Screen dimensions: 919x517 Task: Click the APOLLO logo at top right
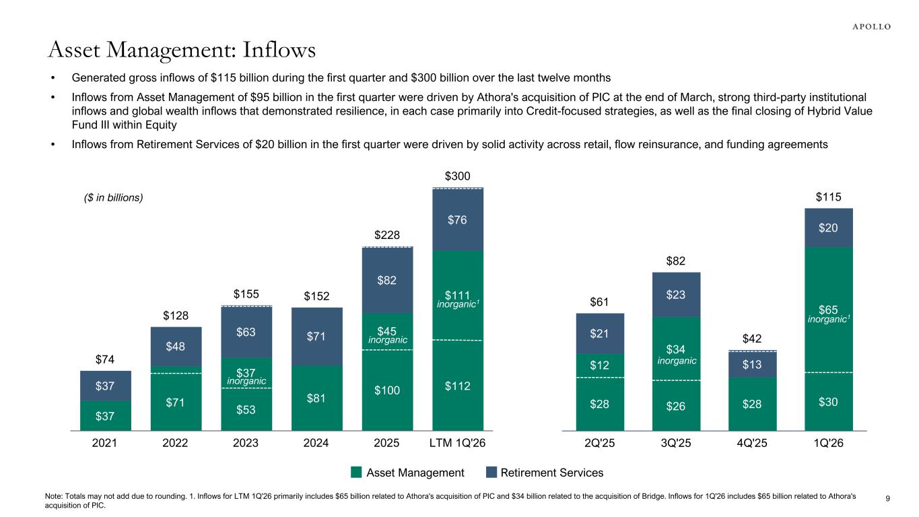point(871,27)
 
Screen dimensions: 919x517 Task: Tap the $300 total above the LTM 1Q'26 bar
point(457,176)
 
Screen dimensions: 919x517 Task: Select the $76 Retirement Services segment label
point(457,220)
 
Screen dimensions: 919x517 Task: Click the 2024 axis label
point(316,443)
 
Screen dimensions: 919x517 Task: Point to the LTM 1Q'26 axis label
point(457,443)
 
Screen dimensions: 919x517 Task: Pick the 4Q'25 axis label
point(751,443)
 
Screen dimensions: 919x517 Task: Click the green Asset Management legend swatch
point(356,473)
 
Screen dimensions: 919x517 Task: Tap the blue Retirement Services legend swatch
point(491,473)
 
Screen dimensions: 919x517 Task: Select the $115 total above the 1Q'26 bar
point(828,197)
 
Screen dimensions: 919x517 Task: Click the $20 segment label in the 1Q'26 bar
point(828,228)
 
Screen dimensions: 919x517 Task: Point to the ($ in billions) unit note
point(113,198)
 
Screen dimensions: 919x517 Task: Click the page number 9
point(887,499)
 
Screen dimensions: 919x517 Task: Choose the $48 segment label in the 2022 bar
point(175,346)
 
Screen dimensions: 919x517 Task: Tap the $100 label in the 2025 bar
point(387,390)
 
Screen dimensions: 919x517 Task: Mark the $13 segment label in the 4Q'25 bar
point(751,364)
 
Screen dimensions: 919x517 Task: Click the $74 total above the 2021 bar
point(104,359)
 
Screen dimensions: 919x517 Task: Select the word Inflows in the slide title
point(279,50)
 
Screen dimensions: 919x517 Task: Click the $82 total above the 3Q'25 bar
point(675,261)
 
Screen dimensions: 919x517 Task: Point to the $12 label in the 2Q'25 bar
point(599,365)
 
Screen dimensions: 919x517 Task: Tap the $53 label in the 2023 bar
point(246,409)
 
